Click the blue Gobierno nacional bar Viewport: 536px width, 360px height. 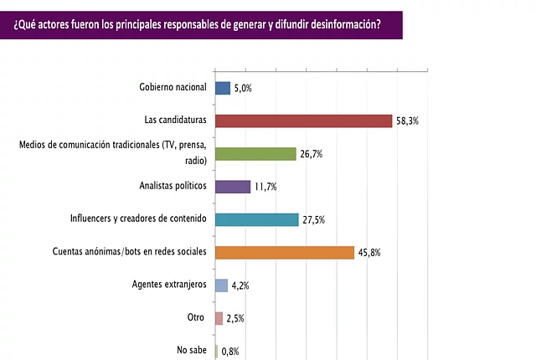(x=223, y=88)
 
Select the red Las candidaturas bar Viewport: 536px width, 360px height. (x=303, y=121)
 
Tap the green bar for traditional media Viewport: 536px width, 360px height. (x=255, y=154)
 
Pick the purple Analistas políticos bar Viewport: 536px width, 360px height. (x=233, y=187)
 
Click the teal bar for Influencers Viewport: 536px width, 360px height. (x=257, y=219)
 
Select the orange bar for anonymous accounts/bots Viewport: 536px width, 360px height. (x=285, y=253)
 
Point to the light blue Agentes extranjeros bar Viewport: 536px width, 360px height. (x=221, y=285)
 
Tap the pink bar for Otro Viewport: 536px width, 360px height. (x=219, y=318)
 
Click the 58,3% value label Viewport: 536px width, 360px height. (x=407, y=121)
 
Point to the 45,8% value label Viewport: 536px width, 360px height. (x=369, y=253)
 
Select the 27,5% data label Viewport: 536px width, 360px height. (x=313, y=220)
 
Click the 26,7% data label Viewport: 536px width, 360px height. (x=311, y=154)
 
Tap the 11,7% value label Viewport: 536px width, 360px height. (x=265, y=187)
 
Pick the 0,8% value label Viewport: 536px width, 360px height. (x=230, y=352)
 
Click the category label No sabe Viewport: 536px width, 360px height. (x=192, y=350)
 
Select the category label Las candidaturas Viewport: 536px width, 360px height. (x=175, y=120)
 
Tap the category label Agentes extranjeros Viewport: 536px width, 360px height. (x=169, y=285)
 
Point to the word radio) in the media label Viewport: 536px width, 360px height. (x=196, y=161)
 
